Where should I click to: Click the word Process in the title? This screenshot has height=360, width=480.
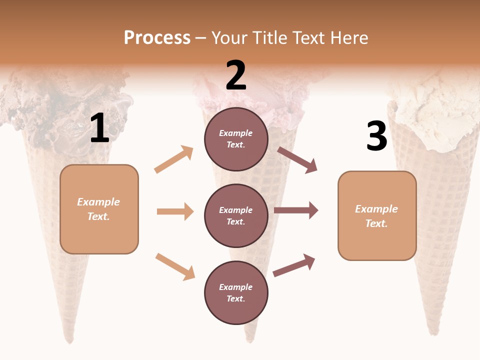[x=157, y=38]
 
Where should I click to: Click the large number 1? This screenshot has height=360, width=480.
[x=99, y=128]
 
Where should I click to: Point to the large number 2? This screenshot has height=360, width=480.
[x=236, y=75]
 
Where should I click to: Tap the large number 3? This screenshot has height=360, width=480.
[x=376, y=136]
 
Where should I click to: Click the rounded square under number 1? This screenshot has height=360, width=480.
[x=99, y=209]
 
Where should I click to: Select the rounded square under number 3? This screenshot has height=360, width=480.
[x=377, y=216]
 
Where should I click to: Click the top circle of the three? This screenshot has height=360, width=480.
[x=236, y=139]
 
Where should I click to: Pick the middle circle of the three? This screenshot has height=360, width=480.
[x=236, y=216]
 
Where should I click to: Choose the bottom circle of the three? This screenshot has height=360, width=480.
[x=236, y=293]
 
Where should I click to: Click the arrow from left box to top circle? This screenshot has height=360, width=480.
[x=174, y=159]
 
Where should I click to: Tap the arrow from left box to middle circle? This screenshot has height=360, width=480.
[x=175, y=211]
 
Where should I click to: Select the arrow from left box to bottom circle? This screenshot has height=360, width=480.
[x=175, y=266]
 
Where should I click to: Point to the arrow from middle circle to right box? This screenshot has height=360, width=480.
[x=296, y=210]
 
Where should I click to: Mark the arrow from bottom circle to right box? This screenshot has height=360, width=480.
[x=294, y=265]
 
